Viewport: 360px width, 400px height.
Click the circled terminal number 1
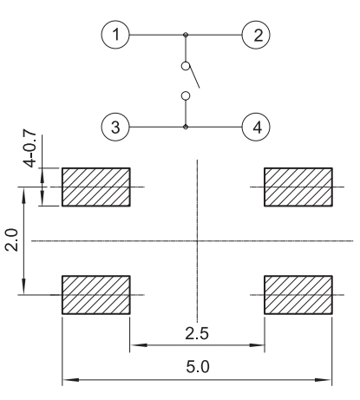pos(115,35)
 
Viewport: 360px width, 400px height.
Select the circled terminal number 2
pos(256,35)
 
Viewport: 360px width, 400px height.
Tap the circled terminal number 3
pos(115,127)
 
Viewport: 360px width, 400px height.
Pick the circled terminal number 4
pos(256,127)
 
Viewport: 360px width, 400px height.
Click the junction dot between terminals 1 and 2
pos(186,35)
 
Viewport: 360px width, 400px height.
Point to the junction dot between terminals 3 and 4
pos(186,127)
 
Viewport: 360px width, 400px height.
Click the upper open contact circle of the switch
pos(186,66)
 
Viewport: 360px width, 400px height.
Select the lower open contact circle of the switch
pos(186,95)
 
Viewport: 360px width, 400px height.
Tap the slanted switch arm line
pos(194,77)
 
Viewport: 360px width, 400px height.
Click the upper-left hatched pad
pos(96,187)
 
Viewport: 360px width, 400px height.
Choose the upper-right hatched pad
pos(298,187)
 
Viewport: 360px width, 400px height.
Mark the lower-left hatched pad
pos(96,295)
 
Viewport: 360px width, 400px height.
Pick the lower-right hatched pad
pos(298,295)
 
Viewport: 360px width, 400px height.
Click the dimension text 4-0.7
pos(29,148)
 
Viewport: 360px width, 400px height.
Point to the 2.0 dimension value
pos(12,239)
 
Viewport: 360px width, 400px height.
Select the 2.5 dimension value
pos(197,333)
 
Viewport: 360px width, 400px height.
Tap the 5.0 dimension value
pos(198,367)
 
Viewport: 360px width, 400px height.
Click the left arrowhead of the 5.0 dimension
pos(70,380)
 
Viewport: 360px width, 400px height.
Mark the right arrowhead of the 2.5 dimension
pos(257,345)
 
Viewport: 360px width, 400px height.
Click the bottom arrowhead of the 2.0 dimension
pos(23,286)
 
